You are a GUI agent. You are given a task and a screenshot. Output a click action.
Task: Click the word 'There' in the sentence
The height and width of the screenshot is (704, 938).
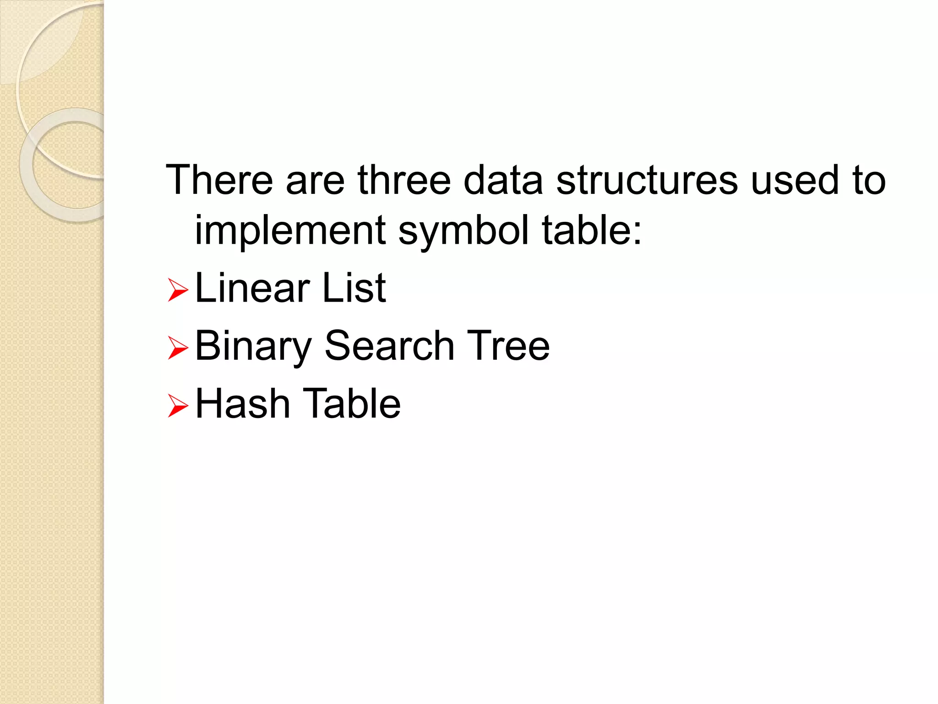coord(219,180)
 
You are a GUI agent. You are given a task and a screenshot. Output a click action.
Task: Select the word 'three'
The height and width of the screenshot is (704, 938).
coord(404,180)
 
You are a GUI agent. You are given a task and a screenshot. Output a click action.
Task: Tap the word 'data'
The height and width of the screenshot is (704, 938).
coord(503,180)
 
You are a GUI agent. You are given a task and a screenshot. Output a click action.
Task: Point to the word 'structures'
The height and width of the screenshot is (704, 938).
coord(647,180)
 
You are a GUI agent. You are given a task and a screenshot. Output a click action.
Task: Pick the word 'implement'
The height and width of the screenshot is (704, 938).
coord(290,230)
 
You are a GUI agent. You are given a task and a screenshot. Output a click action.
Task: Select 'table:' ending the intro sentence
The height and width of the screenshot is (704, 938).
coord(591,230)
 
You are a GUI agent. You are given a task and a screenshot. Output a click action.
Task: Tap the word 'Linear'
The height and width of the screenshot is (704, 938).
coord(252,288)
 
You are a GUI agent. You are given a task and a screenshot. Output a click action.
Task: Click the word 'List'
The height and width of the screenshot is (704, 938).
coord(354,288)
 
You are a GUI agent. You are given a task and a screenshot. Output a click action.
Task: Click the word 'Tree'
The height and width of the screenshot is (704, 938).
coord(508,346)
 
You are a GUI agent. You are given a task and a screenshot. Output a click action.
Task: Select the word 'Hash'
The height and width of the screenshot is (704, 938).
coord(242,403)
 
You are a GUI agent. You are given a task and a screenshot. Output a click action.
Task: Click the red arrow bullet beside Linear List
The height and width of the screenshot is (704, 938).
coord(178,290)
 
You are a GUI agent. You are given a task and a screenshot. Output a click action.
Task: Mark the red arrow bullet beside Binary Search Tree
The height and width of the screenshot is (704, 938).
coord(178,348)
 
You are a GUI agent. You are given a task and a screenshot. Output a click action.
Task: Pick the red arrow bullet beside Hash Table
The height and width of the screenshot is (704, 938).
coord(178,406)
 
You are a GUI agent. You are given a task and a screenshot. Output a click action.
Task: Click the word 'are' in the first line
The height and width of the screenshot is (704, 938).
coord(315,181)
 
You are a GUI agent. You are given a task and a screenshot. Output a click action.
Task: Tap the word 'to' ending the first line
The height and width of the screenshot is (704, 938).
coord(868,180)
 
